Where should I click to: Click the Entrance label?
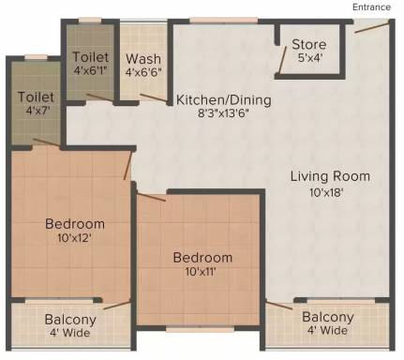click(x=371, y=7)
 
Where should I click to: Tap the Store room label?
click(x=309, y=44)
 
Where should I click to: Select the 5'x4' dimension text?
click(x=309, y=58)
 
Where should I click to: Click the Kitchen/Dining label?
click(x=224, y=100)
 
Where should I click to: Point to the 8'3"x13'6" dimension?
click(x=224, y=113)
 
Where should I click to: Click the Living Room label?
click(x=330, y=176)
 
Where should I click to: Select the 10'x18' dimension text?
click(x=327, y=192)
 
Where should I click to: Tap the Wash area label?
click(x=143, y=59)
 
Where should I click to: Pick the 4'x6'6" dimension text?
click(x=143, y=72)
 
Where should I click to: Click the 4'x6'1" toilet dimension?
click(x=91, y=70)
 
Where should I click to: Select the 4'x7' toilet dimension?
click(x=37, y=111)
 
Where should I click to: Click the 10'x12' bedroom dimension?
click(x=74, y=238)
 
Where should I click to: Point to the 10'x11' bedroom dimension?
click(x=201, y=272)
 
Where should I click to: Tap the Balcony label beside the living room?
click(x=328, y=317)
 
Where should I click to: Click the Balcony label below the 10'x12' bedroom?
click(x=70, y=320)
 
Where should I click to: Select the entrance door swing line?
click(x=372, y=27)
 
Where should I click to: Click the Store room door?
click(x=282, y=60)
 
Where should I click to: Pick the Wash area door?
click(x=154, y=97)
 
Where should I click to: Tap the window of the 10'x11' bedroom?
click(x=200, y=329)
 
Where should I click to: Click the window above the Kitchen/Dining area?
click(x=224, y=21)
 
